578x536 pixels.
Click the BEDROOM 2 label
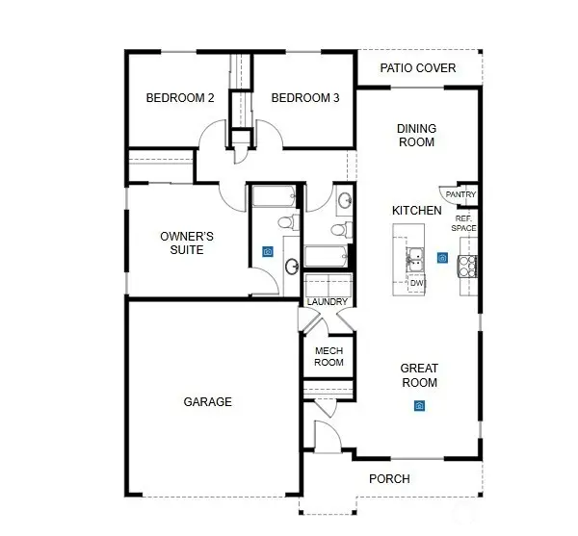(x=179, y=98)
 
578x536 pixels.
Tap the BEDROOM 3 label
(x=303, y=98)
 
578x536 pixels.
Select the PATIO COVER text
(x=417, y=68)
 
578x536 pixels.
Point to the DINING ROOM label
(x=416, y=136)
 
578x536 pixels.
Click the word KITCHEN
(x=416, y=210)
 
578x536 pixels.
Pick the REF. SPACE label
(x=465, y=223)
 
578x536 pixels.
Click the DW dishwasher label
(x=416, y=284)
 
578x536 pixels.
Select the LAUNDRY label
(x=328, y=302)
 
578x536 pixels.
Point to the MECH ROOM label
(x=328, y=357)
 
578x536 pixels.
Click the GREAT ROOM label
(x=419, y=375)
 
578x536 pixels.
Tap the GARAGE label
(x=207, y=402)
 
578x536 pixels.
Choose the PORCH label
(x=389, y=479)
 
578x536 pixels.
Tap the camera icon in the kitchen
(x=442, y=258)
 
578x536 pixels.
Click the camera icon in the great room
(x=420, y=406)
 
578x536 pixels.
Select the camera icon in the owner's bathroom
(x=267, y=252)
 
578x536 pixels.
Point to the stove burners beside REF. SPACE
(x=470, y=264)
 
